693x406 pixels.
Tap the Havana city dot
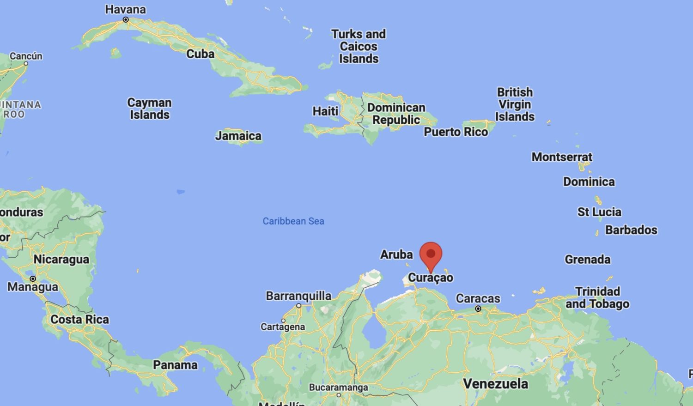point(126,20)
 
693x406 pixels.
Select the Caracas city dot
point(478,309)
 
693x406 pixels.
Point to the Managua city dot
point(33,279)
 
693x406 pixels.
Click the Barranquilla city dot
point(299,306)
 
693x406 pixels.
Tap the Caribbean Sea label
point(293,221)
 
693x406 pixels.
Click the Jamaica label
point(238,136)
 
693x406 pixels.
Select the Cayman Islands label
point(150,109)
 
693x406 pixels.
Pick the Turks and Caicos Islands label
point(359,46)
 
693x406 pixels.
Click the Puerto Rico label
point(456,132)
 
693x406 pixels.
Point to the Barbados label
point(631,230)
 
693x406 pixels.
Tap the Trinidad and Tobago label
point(597,297)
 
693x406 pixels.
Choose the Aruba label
point(396,255)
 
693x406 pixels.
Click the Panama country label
point(175,365)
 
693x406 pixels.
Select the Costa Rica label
point(80,320)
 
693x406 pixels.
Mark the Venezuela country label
point(496,383)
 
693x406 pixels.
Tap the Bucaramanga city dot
point(339,395)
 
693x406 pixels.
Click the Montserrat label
point(562,157)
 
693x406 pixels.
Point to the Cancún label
point(26,56)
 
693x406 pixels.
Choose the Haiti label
point(326,111)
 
